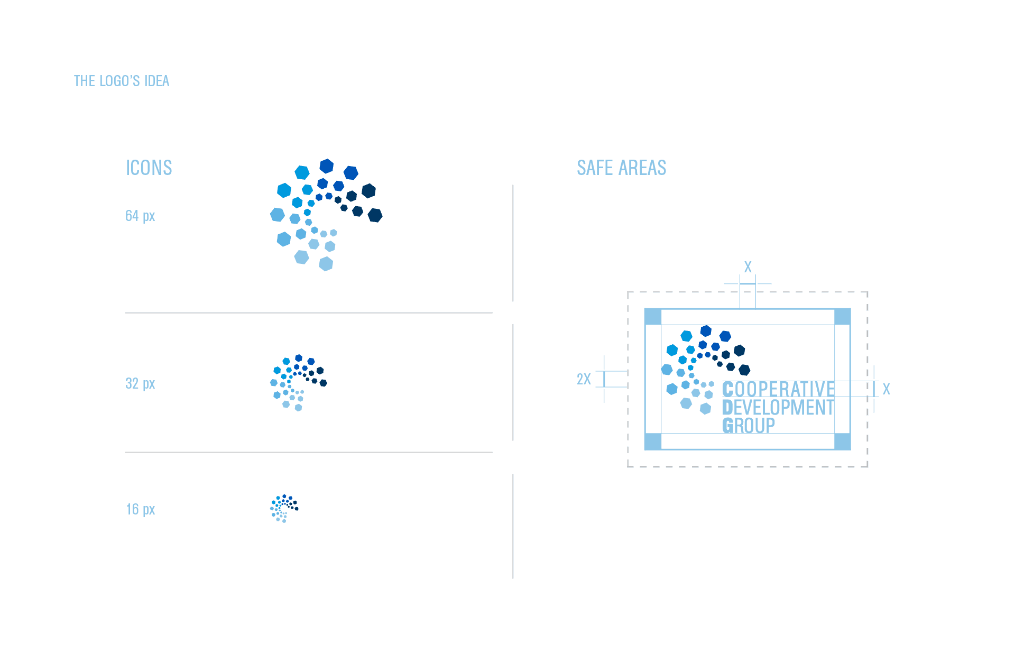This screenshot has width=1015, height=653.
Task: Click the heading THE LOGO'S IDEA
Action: (x=122, y=81)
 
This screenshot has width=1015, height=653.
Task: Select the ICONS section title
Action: (x=149, y=168)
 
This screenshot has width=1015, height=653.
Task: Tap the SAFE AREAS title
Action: (x=621, y=168)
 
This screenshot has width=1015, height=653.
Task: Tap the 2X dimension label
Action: (x=584, y=379)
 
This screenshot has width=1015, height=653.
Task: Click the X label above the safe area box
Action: (x=748, y=267)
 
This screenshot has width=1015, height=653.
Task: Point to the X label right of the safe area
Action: (x=886, y=389)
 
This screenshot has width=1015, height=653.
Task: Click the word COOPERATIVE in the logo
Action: (x=778, y=389)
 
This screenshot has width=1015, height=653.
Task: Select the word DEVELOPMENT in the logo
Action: (x=778, y=408)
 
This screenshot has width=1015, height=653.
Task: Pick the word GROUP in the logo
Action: (x=749, y=426)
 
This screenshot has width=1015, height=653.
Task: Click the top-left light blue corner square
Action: (x=653, y=317)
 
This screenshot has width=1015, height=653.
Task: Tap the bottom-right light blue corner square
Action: (x=842, y=442)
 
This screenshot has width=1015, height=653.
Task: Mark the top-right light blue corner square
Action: (x=842, y=317)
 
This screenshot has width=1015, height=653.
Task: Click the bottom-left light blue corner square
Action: (x=653, y=442)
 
